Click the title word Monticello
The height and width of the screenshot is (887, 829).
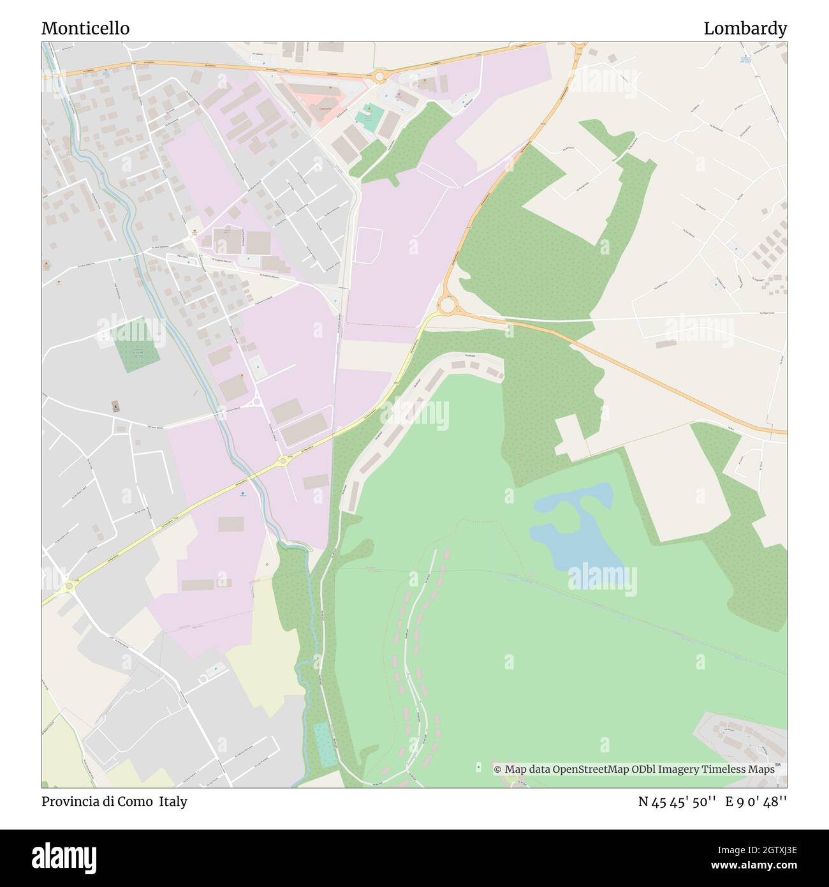pos(85,29)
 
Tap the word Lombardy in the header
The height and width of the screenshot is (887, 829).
pos(745,29)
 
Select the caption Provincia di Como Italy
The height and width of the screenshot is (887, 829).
pos(115,801)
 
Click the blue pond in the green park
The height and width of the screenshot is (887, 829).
pos(577,526)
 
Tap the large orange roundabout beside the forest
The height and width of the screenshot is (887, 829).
pos(447,306)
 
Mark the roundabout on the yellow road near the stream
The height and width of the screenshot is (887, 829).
pos(282,461)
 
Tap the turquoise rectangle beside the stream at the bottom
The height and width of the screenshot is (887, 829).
pos(326,745)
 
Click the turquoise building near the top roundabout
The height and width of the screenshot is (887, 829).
pos(367,117)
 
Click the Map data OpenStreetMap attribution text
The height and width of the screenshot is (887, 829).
pos(635,770)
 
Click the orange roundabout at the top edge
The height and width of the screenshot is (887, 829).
pos(579,45)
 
